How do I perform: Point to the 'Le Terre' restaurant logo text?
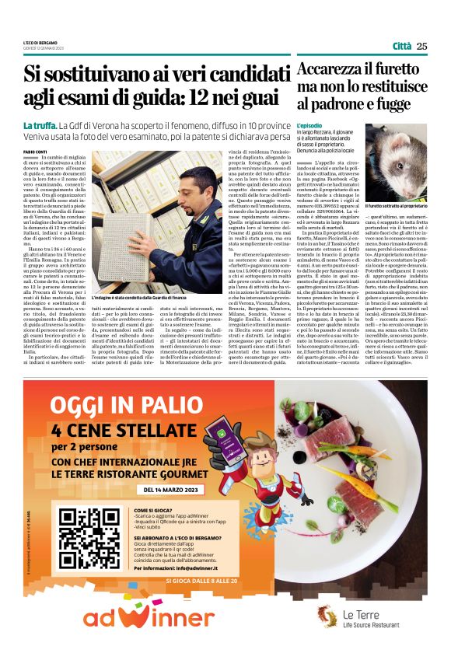(359, 615)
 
